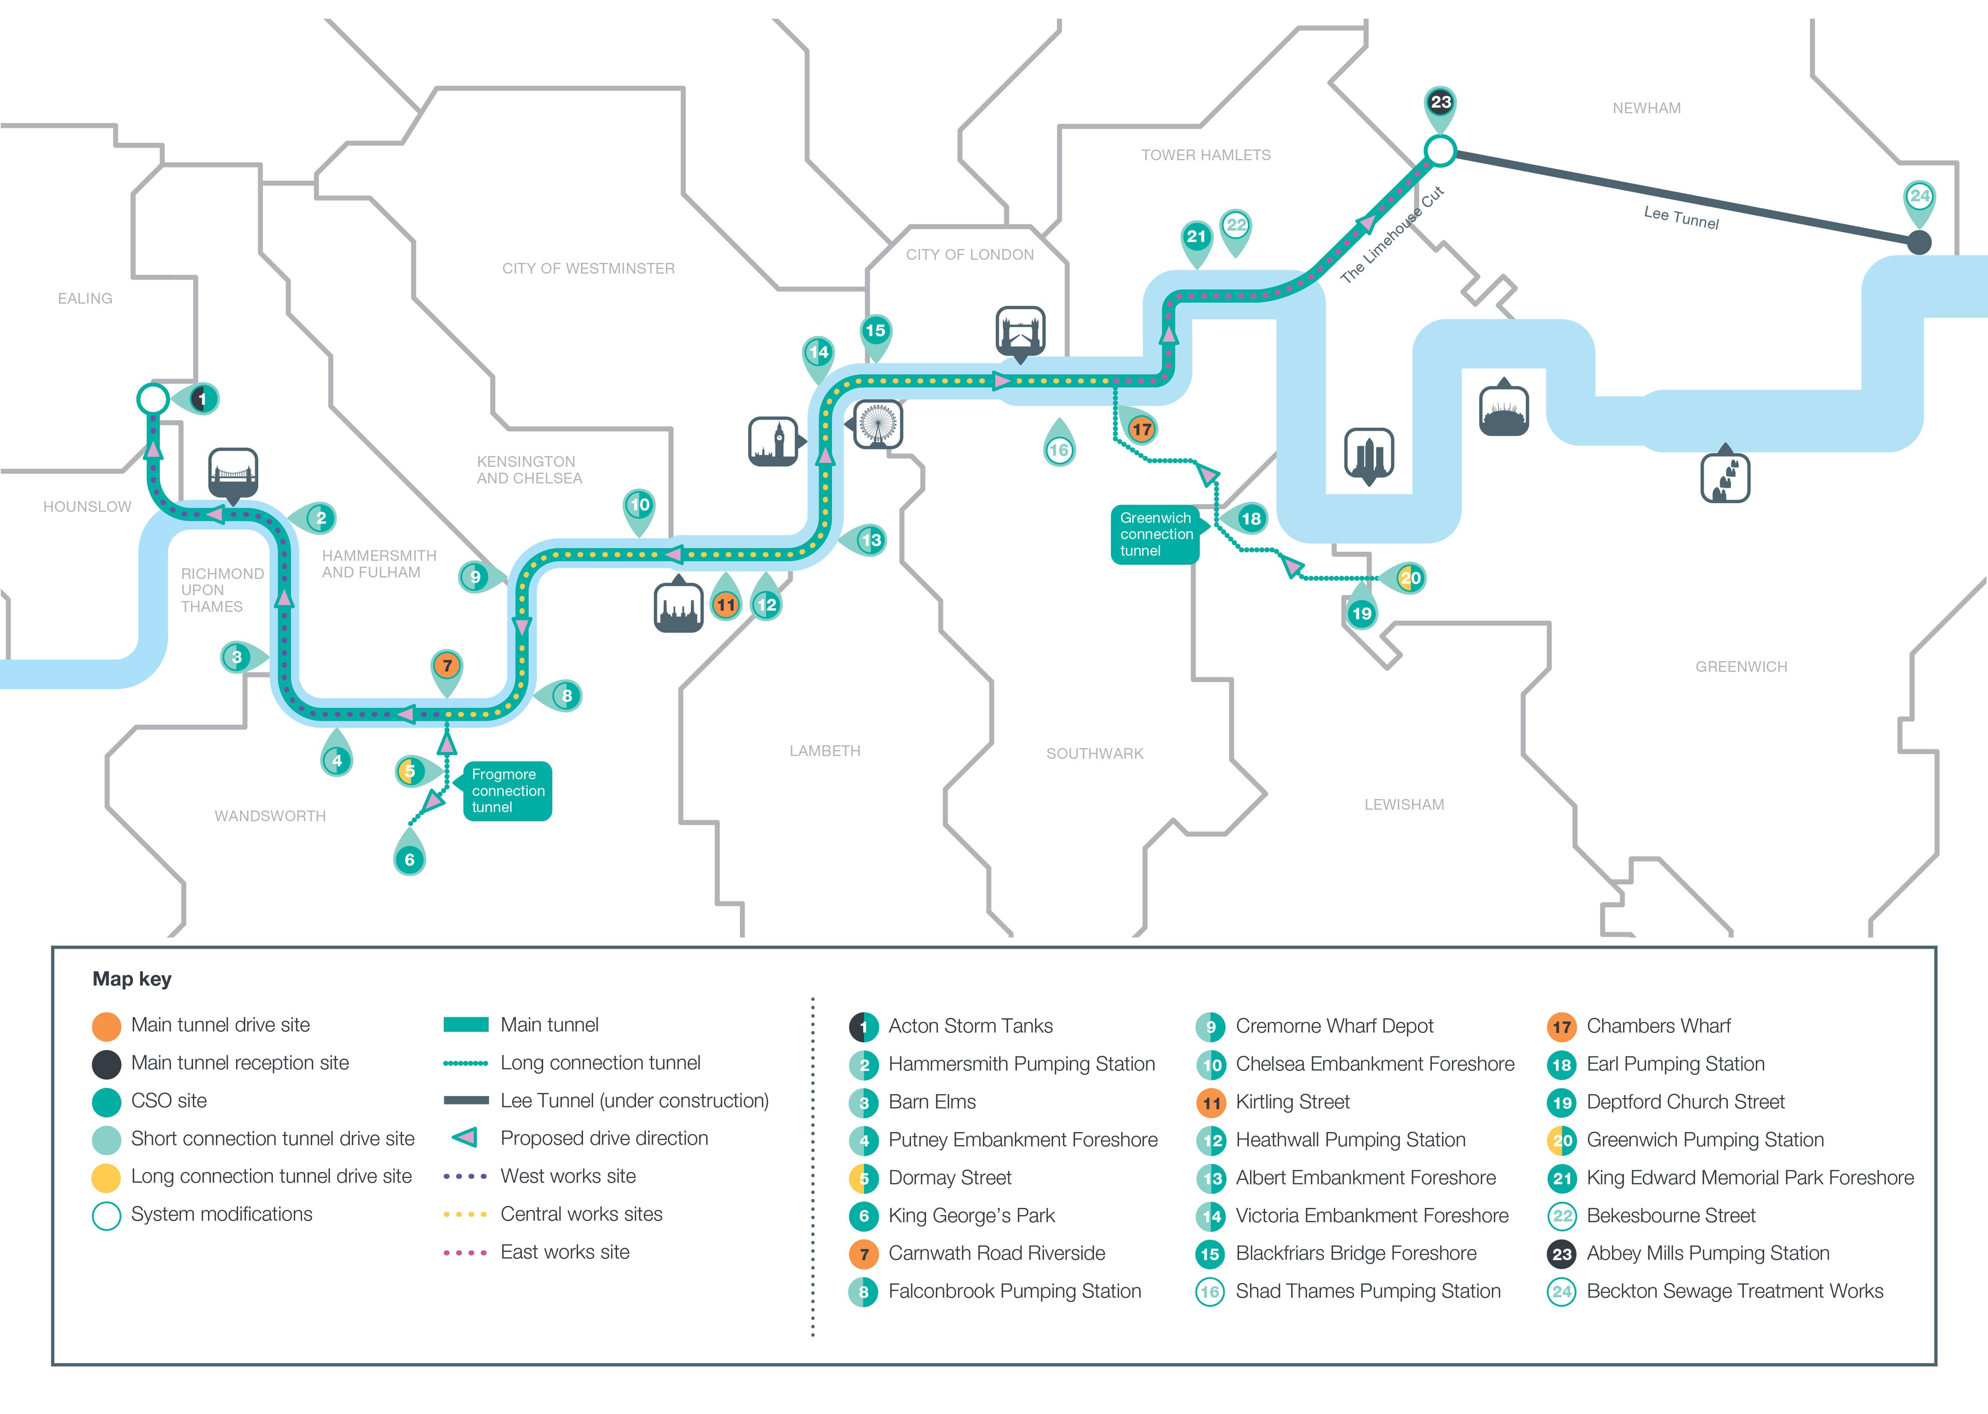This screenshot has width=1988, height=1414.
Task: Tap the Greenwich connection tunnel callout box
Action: tap(1156, 535)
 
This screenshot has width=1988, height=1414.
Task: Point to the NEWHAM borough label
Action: tap(1646, 108)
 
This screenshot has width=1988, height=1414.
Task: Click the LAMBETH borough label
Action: tap(825, 751)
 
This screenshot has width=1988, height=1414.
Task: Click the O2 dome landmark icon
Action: tap(1504, 410)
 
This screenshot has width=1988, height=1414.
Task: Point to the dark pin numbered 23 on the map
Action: tap(1440, 108)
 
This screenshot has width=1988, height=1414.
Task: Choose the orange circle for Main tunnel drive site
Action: tap(106, 1025)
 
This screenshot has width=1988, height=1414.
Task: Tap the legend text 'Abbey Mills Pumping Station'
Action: tap(1707, 1253)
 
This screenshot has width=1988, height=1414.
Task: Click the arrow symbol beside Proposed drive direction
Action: tap(465, 1137)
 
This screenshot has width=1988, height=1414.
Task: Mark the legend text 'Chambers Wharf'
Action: tap(1658, 1025)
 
